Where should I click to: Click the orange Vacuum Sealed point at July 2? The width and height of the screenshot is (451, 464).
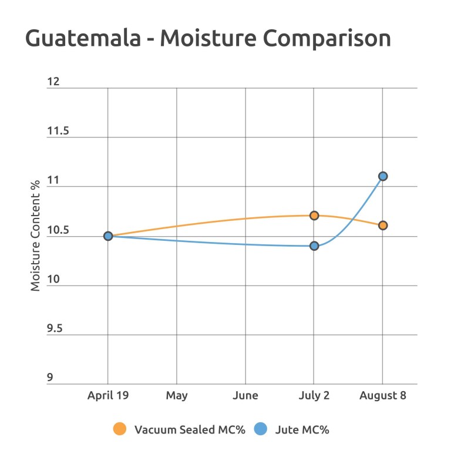(314, 216)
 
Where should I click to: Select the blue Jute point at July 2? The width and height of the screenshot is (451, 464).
(314, 246)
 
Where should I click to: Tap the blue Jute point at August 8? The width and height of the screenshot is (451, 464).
(383, 176)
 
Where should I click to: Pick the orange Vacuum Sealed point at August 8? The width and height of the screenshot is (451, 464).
(383, 226)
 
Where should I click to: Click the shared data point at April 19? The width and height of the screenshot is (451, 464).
(108, 236)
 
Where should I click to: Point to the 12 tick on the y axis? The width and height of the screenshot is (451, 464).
(53, 82)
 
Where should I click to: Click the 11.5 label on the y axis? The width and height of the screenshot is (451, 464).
(58, 131)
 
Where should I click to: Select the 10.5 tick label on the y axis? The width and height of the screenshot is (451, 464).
(58, 230)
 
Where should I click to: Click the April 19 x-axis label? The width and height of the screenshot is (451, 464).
(108, 395)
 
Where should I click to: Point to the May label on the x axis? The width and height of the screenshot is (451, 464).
(177, 395)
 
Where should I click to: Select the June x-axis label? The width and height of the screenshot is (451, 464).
(245, 395)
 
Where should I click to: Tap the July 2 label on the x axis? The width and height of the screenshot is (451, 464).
(314, 395)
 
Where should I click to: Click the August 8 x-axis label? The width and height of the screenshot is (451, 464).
(383, 395)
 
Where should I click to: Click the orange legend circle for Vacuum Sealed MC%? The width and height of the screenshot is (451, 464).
(120, 429)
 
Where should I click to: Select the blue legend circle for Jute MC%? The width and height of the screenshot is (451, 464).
(261, 429)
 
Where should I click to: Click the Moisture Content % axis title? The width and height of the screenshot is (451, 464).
(36, 236)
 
